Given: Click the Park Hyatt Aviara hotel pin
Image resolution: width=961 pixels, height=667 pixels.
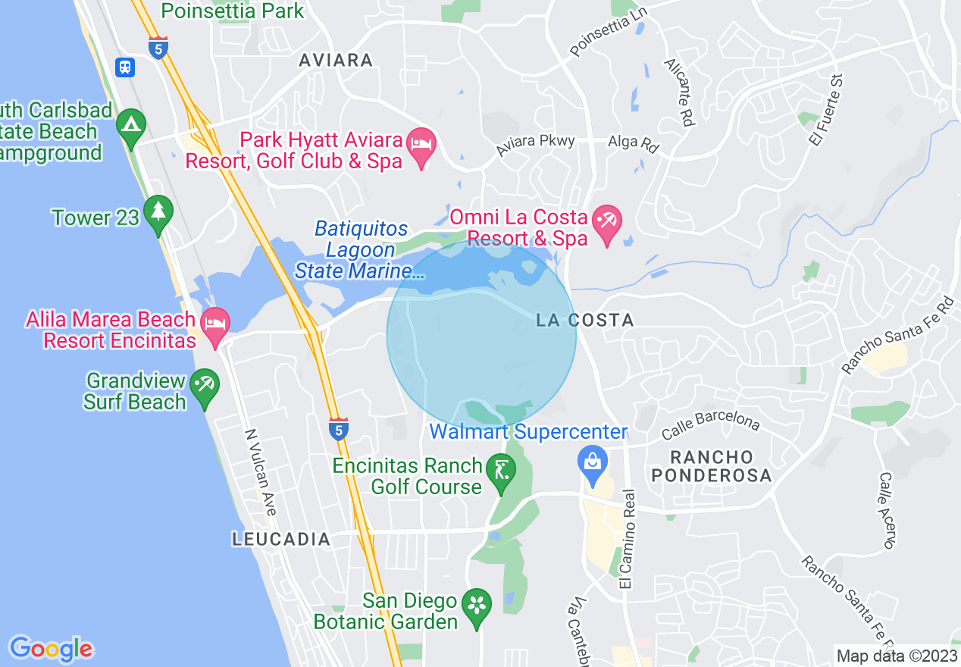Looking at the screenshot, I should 421,145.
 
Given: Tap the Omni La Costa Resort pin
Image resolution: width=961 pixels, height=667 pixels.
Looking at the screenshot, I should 606,221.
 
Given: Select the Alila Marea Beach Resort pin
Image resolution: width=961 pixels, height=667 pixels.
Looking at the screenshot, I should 214,324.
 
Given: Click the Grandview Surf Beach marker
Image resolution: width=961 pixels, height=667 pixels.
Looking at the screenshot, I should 204,385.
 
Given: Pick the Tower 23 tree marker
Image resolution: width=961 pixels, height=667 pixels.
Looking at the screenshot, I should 158,212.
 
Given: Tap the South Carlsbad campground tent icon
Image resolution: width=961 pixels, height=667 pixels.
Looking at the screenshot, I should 131,124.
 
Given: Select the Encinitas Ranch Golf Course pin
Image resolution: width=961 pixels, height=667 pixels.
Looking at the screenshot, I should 500,470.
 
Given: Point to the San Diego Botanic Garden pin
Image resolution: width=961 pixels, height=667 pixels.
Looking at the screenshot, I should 477,606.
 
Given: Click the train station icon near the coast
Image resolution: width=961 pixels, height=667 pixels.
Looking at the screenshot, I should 125,67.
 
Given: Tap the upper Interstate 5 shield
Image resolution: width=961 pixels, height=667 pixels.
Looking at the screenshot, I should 158,47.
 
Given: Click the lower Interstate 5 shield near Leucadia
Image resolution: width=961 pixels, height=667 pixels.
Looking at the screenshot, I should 339,429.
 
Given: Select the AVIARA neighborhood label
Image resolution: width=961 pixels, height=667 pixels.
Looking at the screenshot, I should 336,60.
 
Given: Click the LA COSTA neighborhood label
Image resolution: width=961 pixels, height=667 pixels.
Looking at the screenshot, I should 584,321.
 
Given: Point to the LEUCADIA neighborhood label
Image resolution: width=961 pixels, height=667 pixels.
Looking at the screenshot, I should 280,540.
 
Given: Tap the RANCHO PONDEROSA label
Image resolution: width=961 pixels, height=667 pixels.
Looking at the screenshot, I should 713,466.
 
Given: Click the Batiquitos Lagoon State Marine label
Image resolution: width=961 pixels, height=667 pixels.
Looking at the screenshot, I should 360,249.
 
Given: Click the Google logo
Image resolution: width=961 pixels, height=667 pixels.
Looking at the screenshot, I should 51,649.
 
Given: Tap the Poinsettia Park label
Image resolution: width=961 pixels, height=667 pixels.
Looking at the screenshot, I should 233,11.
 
